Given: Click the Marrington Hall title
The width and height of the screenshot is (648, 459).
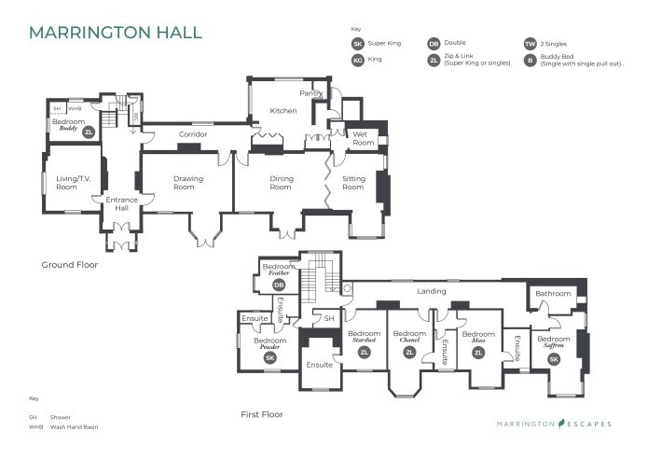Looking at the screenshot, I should click(115, 33).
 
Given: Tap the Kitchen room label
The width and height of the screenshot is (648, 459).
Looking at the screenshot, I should click(283, 111).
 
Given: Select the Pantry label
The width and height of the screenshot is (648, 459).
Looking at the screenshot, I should click(310, 94).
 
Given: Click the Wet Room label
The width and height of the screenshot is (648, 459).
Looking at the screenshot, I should click(363, 139).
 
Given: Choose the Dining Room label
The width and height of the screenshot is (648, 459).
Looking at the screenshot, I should click(281, 183).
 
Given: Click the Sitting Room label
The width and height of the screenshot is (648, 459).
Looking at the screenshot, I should click(353, 183).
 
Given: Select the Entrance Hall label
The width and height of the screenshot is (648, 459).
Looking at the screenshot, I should click(121, 203).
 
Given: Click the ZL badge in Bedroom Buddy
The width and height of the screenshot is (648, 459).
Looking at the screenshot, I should click(90, 133).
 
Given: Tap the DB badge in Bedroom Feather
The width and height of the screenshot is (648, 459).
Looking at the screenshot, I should click(279, 285).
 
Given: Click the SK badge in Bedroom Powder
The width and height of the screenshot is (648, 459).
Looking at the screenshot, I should click(270, 357).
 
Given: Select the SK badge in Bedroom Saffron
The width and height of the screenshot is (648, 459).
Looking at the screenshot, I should click(553, 359).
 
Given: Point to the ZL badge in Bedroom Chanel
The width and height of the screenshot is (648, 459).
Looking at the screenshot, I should click(408, 352).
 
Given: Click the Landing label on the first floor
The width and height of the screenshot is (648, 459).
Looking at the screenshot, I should click(431, 291).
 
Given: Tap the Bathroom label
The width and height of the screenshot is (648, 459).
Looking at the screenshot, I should click(553, 294).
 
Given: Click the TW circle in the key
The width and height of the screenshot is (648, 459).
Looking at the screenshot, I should click(530, 44).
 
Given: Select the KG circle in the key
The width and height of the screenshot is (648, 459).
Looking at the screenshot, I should click(357, 61).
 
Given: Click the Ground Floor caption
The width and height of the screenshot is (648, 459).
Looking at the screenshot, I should click(69, 265).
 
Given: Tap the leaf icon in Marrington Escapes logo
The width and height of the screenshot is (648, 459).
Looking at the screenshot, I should click(563, 424).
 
